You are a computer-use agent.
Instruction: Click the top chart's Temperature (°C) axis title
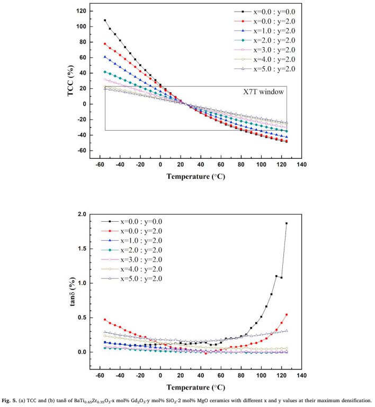pyautogui.click(x=194, y=177)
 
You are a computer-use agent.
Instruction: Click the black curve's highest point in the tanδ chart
pyautogui.click(x=287, y=223)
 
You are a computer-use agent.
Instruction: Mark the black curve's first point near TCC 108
pyautogui.click(x=105, y=20)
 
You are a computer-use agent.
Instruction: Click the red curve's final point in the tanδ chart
pyautogui.click(x=287, y=314)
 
